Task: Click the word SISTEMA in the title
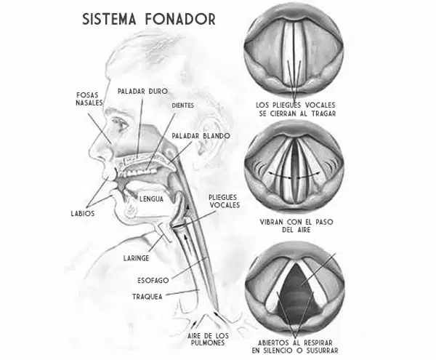coord(109,19)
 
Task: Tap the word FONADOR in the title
coord(180,19)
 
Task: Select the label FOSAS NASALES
coord(89,99)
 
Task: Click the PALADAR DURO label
coord(142,91)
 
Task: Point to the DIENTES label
coord(182,105)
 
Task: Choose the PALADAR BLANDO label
coord(201,136)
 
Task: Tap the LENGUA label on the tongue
coord(151,199)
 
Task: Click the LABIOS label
coord(83,213)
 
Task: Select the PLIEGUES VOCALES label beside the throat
coord(224,201)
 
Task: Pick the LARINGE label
coord(137,258)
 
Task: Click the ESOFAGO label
coord(153,280)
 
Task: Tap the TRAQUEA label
coord(147,297)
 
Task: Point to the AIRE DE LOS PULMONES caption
coord(208,339)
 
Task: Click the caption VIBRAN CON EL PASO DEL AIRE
coord(296,226)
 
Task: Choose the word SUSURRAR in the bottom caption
coord(322,351)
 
